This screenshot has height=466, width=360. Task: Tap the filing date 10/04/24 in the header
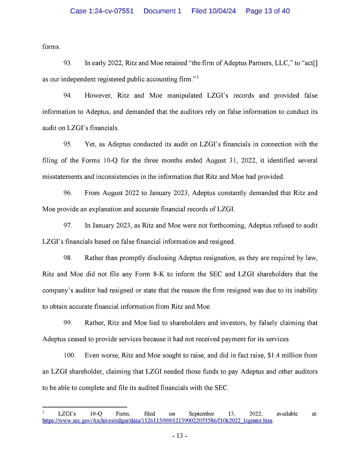click(x=222, y=11)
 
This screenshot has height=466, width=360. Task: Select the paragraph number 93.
click(x=68, y=63)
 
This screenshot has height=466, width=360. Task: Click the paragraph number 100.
click(x=69, y=355)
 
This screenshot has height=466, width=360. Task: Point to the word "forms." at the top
click(x=51, y=47)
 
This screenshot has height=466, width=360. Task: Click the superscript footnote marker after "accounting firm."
click(x=198, y=77)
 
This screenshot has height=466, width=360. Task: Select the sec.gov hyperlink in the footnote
click(x=157, y=421)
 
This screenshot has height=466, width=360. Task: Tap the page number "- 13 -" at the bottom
click(x=180, y=436)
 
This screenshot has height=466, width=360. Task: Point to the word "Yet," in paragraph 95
click(x=90, y=144)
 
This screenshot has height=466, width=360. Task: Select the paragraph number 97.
click(x=68, y=226)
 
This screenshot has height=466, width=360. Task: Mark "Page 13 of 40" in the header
click(x=268, y=11)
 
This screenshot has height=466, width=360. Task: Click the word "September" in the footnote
click(x=201, y=414)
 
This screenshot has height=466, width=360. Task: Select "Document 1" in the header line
click(x=162, y=11)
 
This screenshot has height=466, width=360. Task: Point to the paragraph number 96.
click(x=68, y=193)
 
